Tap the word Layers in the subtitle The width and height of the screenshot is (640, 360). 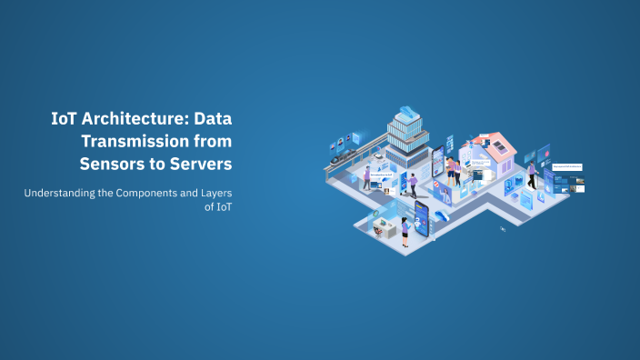pos(215,193)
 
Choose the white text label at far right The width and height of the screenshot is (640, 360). pos(567,166)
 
